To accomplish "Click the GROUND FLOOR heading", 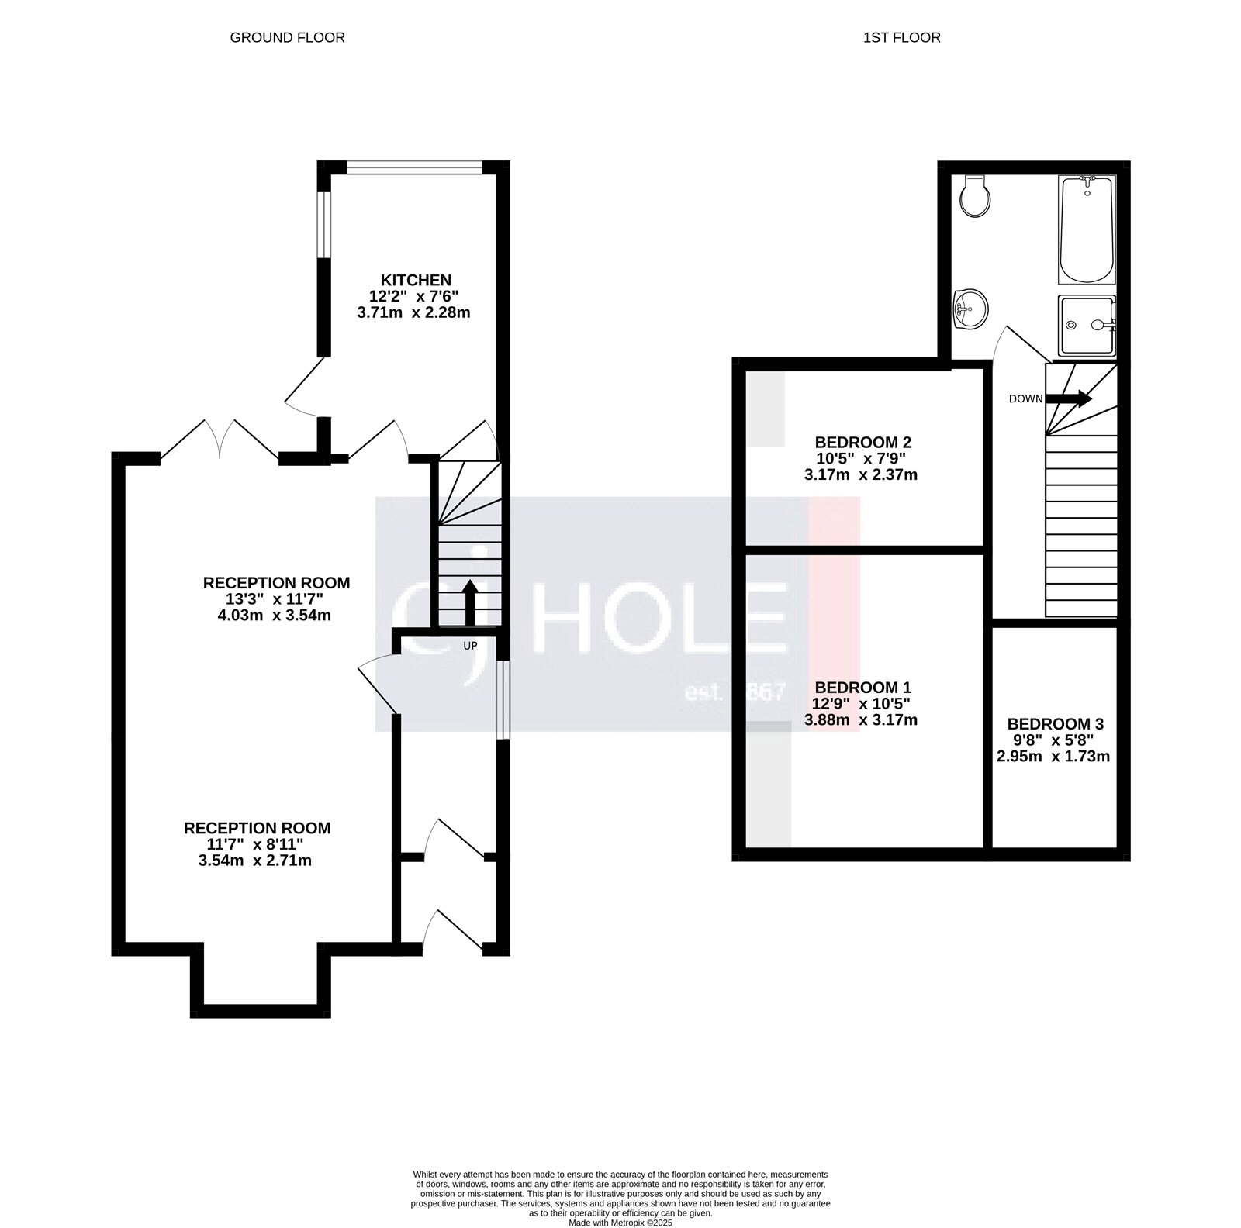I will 287,37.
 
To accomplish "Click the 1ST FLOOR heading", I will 901,37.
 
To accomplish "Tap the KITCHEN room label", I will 415,280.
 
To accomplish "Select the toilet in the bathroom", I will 974,196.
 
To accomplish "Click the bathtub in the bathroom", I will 1086,229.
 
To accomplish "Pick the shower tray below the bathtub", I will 1086,324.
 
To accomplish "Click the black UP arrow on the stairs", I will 469,602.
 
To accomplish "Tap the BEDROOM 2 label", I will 862,443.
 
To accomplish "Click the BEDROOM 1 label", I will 862,688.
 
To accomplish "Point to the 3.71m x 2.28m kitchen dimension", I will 413,313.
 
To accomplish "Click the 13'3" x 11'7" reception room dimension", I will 276,599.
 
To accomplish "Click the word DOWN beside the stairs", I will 1025,399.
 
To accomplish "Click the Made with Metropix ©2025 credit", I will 620,1223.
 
